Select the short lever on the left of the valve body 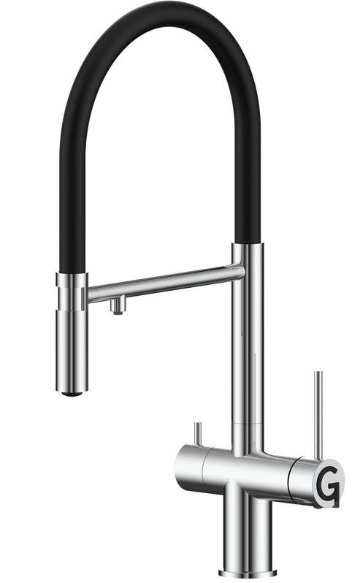click(198, 434)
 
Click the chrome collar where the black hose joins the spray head click(72, 280)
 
